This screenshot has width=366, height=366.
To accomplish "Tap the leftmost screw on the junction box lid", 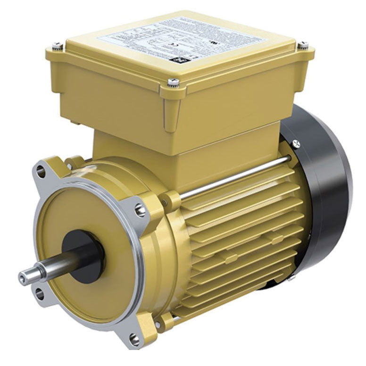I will coord(58,46).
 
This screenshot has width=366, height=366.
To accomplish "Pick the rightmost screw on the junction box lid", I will coord(303,45).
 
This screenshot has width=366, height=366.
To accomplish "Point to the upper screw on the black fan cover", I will coord(296,142).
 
